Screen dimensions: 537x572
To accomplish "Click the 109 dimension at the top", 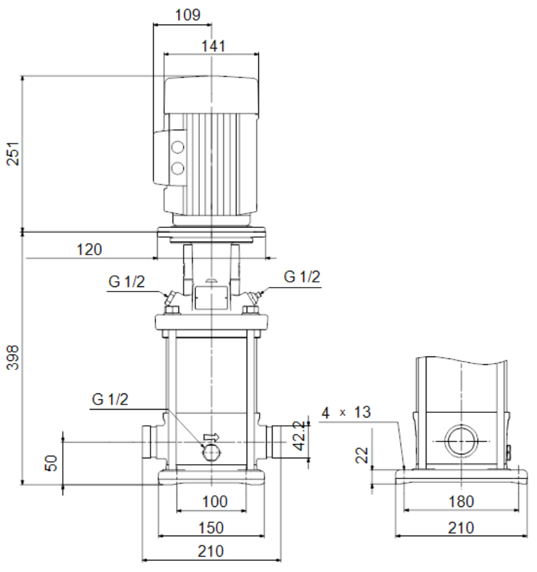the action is pos(188,15).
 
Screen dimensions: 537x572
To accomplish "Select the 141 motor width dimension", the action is pos(214,46).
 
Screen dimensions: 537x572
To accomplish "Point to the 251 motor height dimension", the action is pos(13,154).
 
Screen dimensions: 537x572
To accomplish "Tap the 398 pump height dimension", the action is pos(13,358).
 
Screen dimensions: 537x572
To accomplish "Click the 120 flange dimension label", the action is pos(90,250).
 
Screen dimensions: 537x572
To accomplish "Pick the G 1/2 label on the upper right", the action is pos(302,277).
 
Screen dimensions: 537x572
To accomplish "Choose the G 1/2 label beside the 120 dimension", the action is pos(127,282).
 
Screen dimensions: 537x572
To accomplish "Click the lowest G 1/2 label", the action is pos(110,399).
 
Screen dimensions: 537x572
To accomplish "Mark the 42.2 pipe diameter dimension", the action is pos(299,436).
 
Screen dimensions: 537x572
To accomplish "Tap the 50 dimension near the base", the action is pos(51,464).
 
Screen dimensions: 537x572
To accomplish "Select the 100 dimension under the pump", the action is pos(215,502).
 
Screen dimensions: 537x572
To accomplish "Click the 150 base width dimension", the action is pos(211,528).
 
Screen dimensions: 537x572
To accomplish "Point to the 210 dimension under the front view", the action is pos(211,551).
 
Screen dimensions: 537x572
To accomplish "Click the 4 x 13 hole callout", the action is pos(346,412).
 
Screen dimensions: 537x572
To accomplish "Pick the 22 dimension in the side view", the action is pos(362,455).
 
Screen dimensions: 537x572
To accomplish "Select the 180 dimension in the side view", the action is pos(461,502).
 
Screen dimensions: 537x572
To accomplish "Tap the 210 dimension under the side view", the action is pos(461,528).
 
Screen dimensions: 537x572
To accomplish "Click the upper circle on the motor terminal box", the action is pos(178,147).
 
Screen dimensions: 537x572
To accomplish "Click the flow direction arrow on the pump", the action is pos(212,437).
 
